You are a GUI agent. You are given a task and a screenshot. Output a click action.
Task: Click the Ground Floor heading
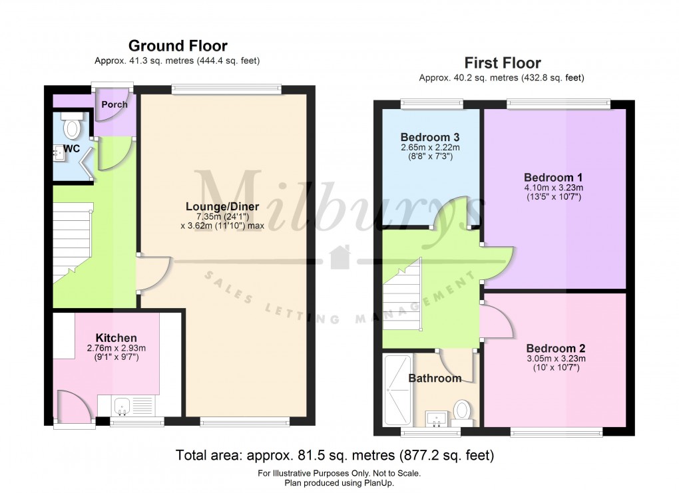point(177,46)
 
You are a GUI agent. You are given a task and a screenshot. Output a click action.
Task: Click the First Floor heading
point(502,63)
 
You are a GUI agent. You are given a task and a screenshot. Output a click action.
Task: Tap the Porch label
point(114,104)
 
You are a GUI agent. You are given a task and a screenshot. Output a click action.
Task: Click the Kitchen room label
point(116,338)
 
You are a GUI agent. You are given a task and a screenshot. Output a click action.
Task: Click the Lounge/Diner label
point(222,206)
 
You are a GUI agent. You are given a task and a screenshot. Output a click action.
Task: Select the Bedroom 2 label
point(555,349)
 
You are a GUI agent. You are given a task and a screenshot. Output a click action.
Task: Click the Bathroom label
point(435,379)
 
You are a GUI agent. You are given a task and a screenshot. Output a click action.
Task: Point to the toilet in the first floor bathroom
point(461,410)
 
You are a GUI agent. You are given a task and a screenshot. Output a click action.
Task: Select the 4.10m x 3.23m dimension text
point(553,188)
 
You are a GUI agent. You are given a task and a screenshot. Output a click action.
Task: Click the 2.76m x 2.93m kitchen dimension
point(116,349)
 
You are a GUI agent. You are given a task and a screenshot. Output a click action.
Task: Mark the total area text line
point(335,456)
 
